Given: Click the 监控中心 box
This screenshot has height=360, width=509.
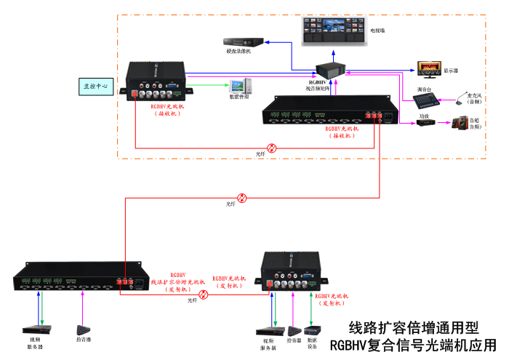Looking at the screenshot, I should click(96, 86).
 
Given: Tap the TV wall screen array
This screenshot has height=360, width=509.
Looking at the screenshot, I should click(331, 31).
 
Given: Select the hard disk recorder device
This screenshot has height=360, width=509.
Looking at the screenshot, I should click(240, 41).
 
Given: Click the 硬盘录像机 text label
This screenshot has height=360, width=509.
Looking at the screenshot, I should click(238, 52).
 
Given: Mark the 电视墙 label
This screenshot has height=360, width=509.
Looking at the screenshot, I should click(378, 31).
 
